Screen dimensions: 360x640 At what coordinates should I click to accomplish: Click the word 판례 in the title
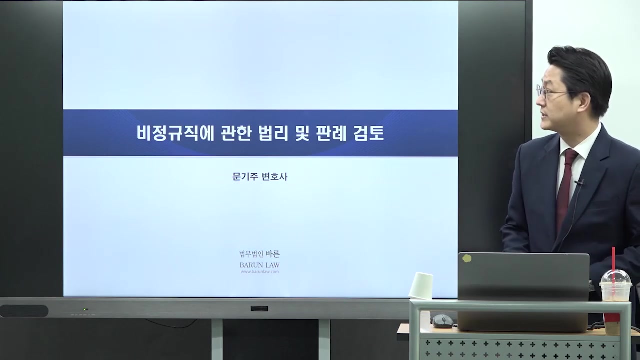click(x=331, y=133)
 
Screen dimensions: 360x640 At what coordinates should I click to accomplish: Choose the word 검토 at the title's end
click(x=368, y=133)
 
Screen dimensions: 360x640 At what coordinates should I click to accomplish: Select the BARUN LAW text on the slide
click(x=259, y=265)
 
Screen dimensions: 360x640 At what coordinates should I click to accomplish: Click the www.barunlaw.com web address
click(x=259, y=272)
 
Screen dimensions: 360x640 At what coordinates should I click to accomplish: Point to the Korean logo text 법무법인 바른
click(x=259, y=254)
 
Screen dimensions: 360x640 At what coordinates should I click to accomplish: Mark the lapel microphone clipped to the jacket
click(x=579, y=183)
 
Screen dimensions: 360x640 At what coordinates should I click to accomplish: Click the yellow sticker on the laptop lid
click(x=467, y=258)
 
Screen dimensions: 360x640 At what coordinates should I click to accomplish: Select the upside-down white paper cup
click(x=421, y=285)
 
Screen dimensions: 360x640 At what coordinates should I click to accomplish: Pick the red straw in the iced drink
click(x=614, y=265)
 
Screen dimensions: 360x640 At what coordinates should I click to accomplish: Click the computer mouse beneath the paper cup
click(x=442, y=321)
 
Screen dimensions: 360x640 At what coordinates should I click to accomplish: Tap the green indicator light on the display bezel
click(x=85, y=309)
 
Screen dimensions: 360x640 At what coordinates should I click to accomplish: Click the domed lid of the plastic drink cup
click(x=615, y=278)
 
